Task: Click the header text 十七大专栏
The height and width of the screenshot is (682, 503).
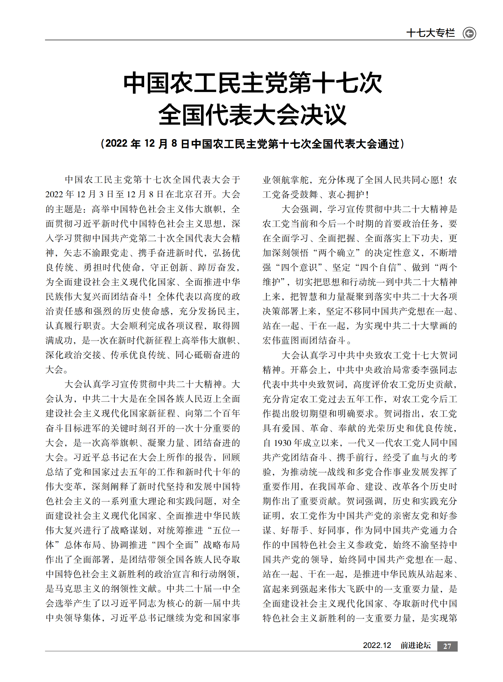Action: click(x=430, y=33)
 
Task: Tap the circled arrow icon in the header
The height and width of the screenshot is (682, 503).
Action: click(x=469, y=33)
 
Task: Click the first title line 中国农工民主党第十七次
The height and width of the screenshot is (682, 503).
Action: click(x=252, y=83)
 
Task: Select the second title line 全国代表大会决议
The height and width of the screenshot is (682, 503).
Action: click(x=252, y=115)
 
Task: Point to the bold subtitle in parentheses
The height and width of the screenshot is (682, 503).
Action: click(x=252, y=144)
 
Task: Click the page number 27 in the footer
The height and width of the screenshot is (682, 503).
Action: click(x=447, y=646)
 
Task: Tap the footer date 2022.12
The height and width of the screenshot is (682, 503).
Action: click(x=376, y=646)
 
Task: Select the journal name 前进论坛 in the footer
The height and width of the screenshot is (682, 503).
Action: click(x=415, y=646)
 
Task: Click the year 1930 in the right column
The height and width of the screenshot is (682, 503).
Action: click(x=283, y=443)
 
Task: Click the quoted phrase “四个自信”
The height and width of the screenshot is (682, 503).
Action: click(x=378, y=267)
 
